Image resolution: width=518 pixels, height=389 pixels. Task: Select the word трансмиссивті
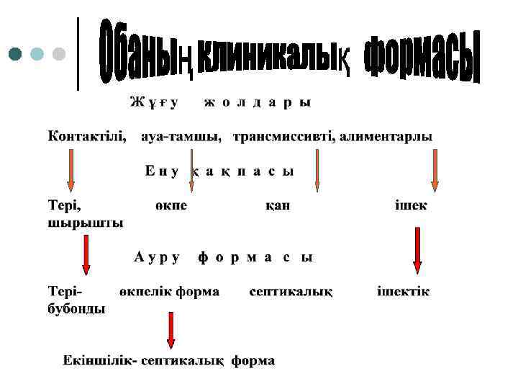tap(283, 135)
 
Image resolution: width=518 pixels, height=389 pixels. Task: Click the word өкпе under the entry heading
tap(171, 205)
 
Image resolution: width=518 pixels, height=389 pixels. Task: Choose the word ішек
tap(411, 205)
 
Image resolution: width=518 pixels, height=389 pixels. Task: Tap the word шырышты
tap(86, 222)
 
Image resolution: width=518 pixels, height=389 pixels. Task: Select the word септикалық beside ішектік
tap(291, 292)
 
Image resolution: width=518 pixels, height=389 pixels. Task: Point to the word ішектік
tap(404, 292)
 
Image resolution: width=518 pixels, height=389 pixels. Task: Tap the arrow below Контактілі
tap(71, 173)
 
